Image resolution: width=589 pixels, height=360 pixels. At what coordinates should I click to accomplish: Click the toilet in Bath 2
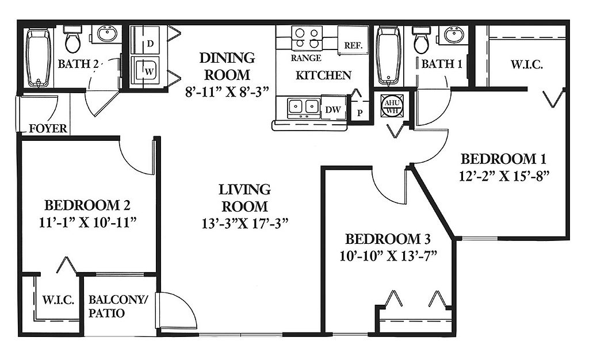(x=72, y=39)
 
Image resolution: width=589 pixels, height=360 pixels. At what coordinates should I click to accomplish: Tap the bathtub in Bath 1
(x=388, y=56)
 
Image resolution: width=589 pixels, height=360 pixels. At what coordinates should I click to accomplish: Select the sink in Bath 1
(x=454, y=35)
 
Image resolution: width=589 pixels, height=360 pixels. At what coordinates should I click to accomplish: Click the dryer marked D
(x=145, y=40)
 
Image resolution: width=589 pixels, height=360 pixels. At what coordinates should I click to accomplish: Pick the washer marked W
(x=145, y=71)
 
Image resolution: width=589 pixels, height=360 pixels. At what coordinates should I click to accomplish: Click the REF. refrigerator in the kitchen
(x=353, y=40)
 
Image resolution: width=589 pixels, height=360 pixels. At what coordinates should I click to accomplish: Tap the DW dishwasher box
(x=334, y=109)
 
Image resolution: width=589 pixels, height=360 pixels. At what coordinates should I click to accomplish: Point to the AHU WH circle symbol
(x=392, y=105)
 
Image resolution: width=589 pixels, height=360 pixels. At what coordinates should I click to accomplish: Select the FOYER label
(x=48, y=128)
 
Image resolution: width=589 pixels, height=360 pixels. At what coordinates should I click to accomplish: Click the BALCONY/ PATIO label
(x=118, y=306)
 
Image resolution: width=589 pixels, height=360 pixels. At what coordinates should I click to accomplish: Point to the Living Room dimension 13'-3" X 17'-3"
(x=245, y=224)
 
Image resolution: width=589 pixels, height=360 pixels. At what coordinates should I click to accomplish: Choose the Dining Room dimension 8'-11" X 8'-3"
(x=228, y=91)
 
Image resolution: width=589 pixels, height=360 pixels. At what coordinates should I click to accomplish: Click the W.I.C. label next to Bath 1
(x=526, y=64)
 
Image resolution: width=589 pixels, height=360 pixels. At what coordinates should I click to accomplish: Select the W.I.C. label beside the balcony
(x=58, y=300)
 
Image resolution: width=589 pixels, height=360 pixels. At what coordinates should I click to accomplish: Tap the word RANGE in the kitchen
(x=306, y=58)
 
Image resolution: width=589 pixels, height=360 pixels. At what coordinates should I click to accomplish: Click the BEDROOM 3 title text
(x=388, y=239)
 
